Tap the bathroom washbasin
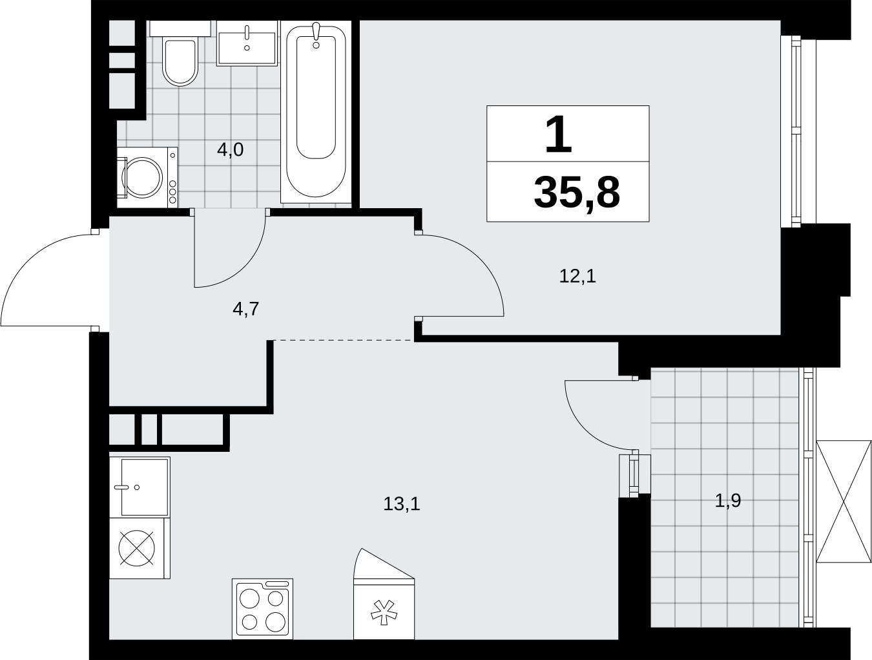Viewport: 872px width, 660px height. pos(247,43)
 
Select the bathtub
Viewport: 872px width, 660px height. pos(316,112)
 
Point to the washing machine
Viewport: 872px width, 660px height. pos(147,177)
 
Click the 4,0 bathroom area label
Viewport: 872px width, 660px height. pos(230,150)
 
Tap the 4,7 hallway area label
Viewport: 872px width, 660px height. pos(246,309)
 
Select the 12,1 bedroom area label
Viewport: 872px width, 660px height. pos(577,276)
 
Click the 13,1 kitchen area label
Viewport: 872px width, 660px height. pos(402,504)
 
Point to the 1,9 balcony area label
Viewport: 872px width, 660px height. pos(728,500)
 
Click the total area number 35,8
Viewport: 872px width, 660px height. pos(577,193)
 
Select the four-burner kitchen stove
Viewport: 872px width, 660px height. pos(263,609)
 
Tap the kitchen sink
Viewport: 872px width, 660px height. pos(140,487)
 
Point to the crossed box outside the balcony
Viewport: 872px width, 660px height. pos(844,502)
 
